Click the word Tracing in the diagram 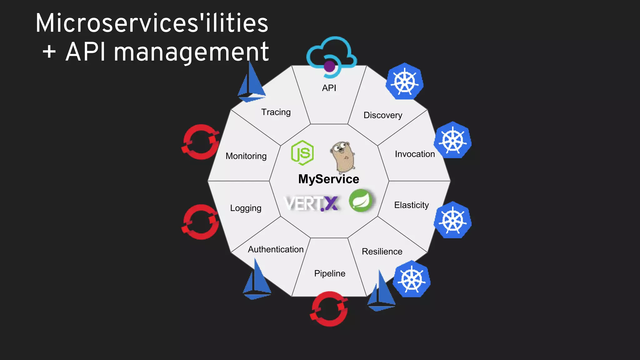(x=276, y=112)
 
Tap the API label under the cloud (x=329, y=88)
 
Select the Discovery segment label (x=382, y=115)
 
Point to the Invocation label (x=414, y=154)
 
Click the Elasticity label (x=411, y=205)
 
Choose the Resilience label (x=382, y=252)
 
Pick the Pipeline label (x=329, y=273)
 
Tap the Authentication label (x=276, y=249)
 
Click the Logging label (x=246, y=208)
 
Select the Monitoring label (x=246, y=156)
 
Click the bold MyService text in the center (x=328, y=179)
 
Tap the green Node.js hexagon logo (x=302, y=153)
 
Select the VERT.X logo (x=311, y=203)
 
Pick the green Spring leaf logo (x=361, y=201)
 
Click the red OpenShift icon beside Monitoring (x=201, y=142)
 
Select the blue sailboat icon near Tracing (x=252, y=84)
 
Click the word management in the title (x=191, y=52)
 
